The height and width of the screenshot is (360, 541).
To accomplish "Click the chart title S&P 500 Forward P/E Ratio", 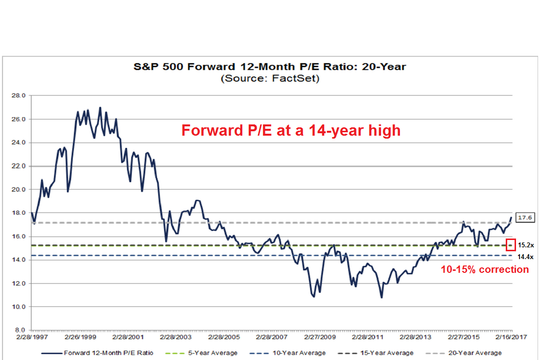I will point(270,66).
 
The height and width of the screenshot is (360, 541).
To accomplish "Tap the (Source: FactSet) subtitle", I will point(270,78).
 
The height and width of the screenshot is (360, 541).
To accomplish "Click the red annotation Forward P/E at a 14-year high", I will point(291,130).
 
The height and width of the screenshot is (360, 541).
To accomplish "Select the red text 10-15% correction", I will point(485,269).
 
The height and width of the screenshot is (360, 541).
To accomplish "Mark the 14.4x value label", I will point(526,257).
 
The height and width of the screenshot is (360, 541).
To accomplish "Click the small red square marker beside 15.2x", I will point(511,244).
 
